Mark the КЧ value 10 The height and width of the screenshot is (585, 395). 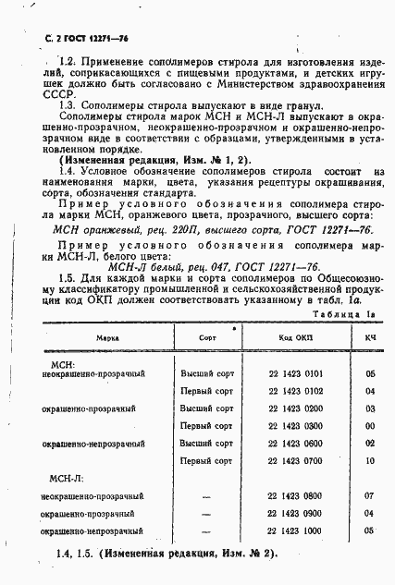coord(368,459)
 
